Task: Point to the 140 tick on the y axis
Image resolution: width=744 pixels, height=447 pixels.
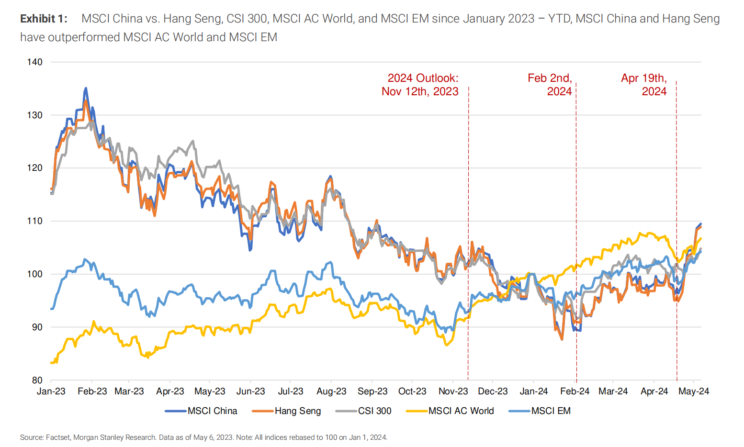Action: pos(35,62)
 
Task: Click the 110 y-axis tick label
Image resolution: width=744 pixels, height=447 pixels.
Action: pos(35,221)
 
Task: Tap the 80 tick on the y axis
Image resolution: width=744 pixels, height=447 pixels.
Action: pos(37,380)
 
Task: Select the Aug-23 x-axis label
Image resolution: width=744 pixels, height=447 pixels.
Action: pos(331,391)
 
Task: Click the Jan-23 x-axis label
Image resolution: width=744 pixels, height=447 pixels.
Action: pos(51,391)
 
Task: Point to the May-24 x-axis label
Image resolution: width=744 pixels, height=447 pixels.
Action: pos(694,391)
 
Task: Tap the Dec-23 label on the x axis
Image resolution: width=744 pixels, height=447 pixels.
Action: pos(493,391)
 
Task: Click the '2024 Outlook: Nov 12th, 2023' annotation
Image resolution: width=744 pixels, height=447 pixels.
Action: pos(420,85)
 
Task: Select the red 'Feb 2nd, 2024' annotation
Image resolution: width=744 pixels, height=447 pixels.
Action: pos(550,85)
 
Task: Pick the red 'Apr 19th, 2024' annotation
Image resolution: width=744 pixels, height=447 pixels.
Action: pos(644,85)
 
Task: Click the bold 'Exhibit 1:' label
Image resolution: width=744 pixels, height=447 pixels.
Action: pos(44,19)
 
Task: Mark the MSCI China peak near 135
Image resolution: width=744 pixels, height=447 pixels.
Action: pos(86,89)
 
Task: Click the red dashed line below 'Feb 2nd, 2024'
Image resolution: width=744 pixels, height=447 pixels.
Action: pos(576,239)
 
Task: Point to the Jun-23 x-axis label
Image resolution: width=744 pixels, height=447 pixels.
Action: pos(250,391)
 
